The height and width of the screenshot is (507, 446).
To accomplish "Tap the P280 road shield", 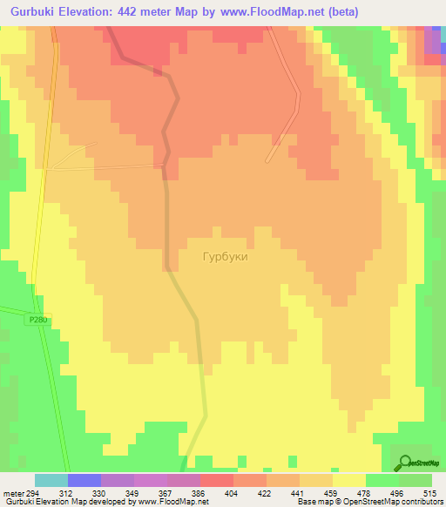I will [37, 320].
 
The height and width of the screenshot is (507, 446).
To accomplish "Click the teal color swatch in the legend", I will [51, 480].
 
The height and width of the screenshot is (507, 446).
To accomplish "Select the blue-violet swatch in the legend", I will [84, 480].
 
